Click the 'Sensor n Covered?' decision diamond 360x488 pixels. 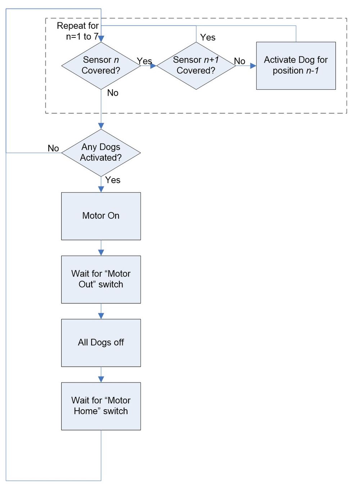click(x=101, y=65)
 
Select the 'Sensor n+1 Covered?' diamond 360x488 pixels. click(x=196, y=65)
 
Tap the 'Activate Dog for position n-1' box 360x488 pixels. click(x=296, y=65)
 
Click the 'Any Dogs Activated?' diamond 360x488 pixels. click(x=101, y=153)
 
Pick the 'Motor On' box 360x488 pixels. click(x=101, y=216)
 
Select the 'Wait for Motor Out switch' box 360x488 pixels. click(x=101, y=279)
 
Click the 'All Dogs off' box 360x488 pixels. click(x=101, y=343)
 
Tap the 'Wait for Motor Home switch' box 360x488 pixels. click(x=101, y=406)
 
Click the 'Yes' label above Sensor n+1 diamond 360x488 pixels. click(x=208, y=37)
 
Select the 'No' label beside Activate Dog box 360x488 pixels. click(x=239, y=61)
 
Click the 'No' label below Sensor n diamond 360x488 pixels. click(x=113, y=93)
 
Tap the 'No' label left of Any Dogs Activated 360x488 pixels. click(x=53, y=148)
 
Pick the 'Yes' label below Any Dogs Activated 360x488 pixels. click(x=113, y=180)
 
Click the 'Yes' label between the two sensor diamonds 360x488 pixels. click(x=144, y=61)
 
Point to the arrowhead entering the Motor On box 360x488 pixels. click(x=101, y=189)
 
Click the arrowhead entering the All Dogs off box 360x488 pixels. click(x=101, y=316)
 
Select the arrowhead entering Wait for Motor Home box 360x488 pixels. click(x=101, y=379)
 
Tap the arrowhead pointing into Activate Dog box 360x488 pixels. click(x=253, y=66)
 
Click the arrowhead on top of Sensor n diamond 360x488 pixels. click(x=101, y=39)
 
